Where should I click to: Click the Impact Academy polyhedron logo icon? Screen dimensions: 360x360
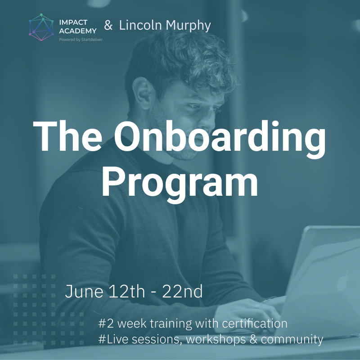click(41, 27)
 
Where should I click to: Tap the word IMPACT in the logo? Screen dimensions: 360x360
click(73, 22)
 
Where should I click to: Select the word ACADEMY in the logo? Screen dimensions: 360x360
click(78, 31)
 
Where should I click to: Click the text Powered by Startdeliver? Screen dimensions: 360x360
click(81, 40)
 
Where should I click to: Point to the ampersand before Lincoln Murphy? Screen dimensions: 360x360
click(108, 25)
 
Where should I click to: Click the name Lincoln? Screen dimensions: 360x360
click(140, 25)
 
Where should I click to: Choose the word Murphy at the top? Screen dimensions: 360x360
click(188, 26)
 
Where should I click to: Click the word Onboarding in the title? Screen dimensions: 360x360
click(220, 139)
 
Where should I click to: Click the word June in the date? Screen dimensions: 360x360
click(84, 291)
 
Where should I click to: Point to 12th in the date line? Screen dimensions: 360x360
click(126, 291)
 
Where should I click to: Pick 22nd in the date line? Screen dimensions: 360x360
click(183, 291)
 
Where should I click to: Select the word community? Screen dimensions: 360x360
click(292, 340)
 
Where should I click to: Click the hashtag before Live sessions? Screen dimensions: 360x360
click(102, 339)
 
